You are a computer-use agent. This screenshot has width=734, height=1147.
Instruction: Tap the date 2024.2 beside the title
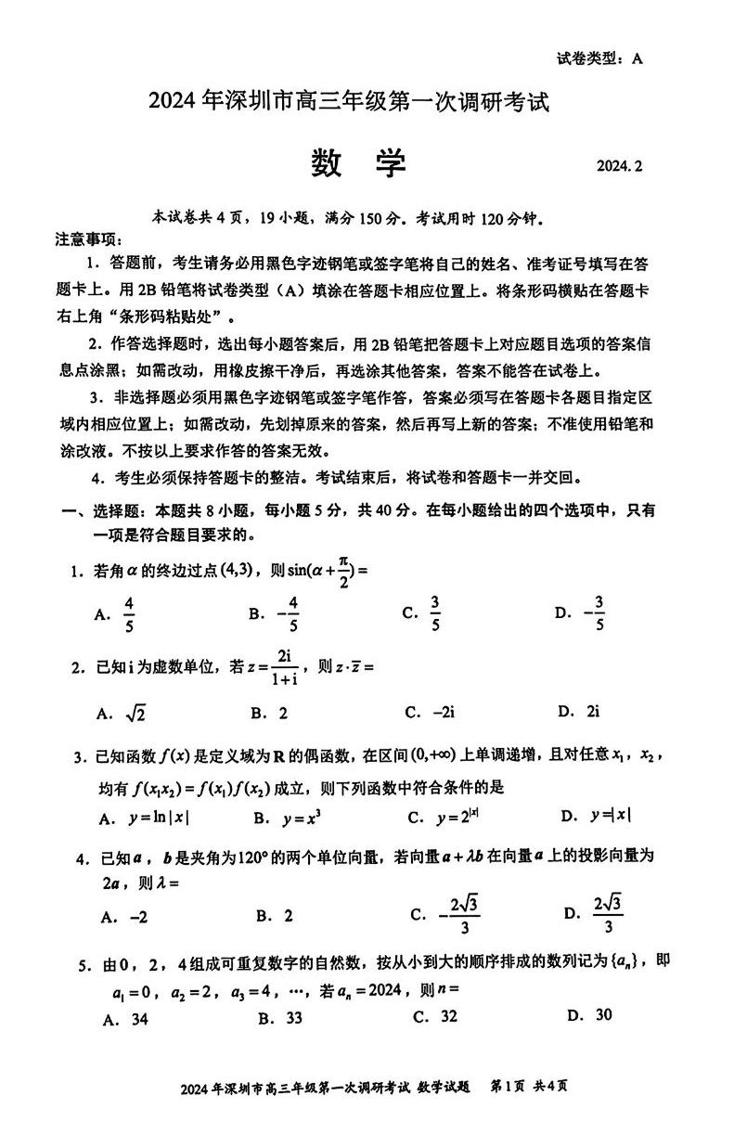619,167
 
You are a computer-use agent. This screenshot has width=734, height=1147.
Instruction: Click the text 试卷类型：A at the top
599,58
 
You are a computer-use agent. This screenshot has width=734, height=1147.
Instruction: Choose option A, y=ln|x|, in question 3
155,818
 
